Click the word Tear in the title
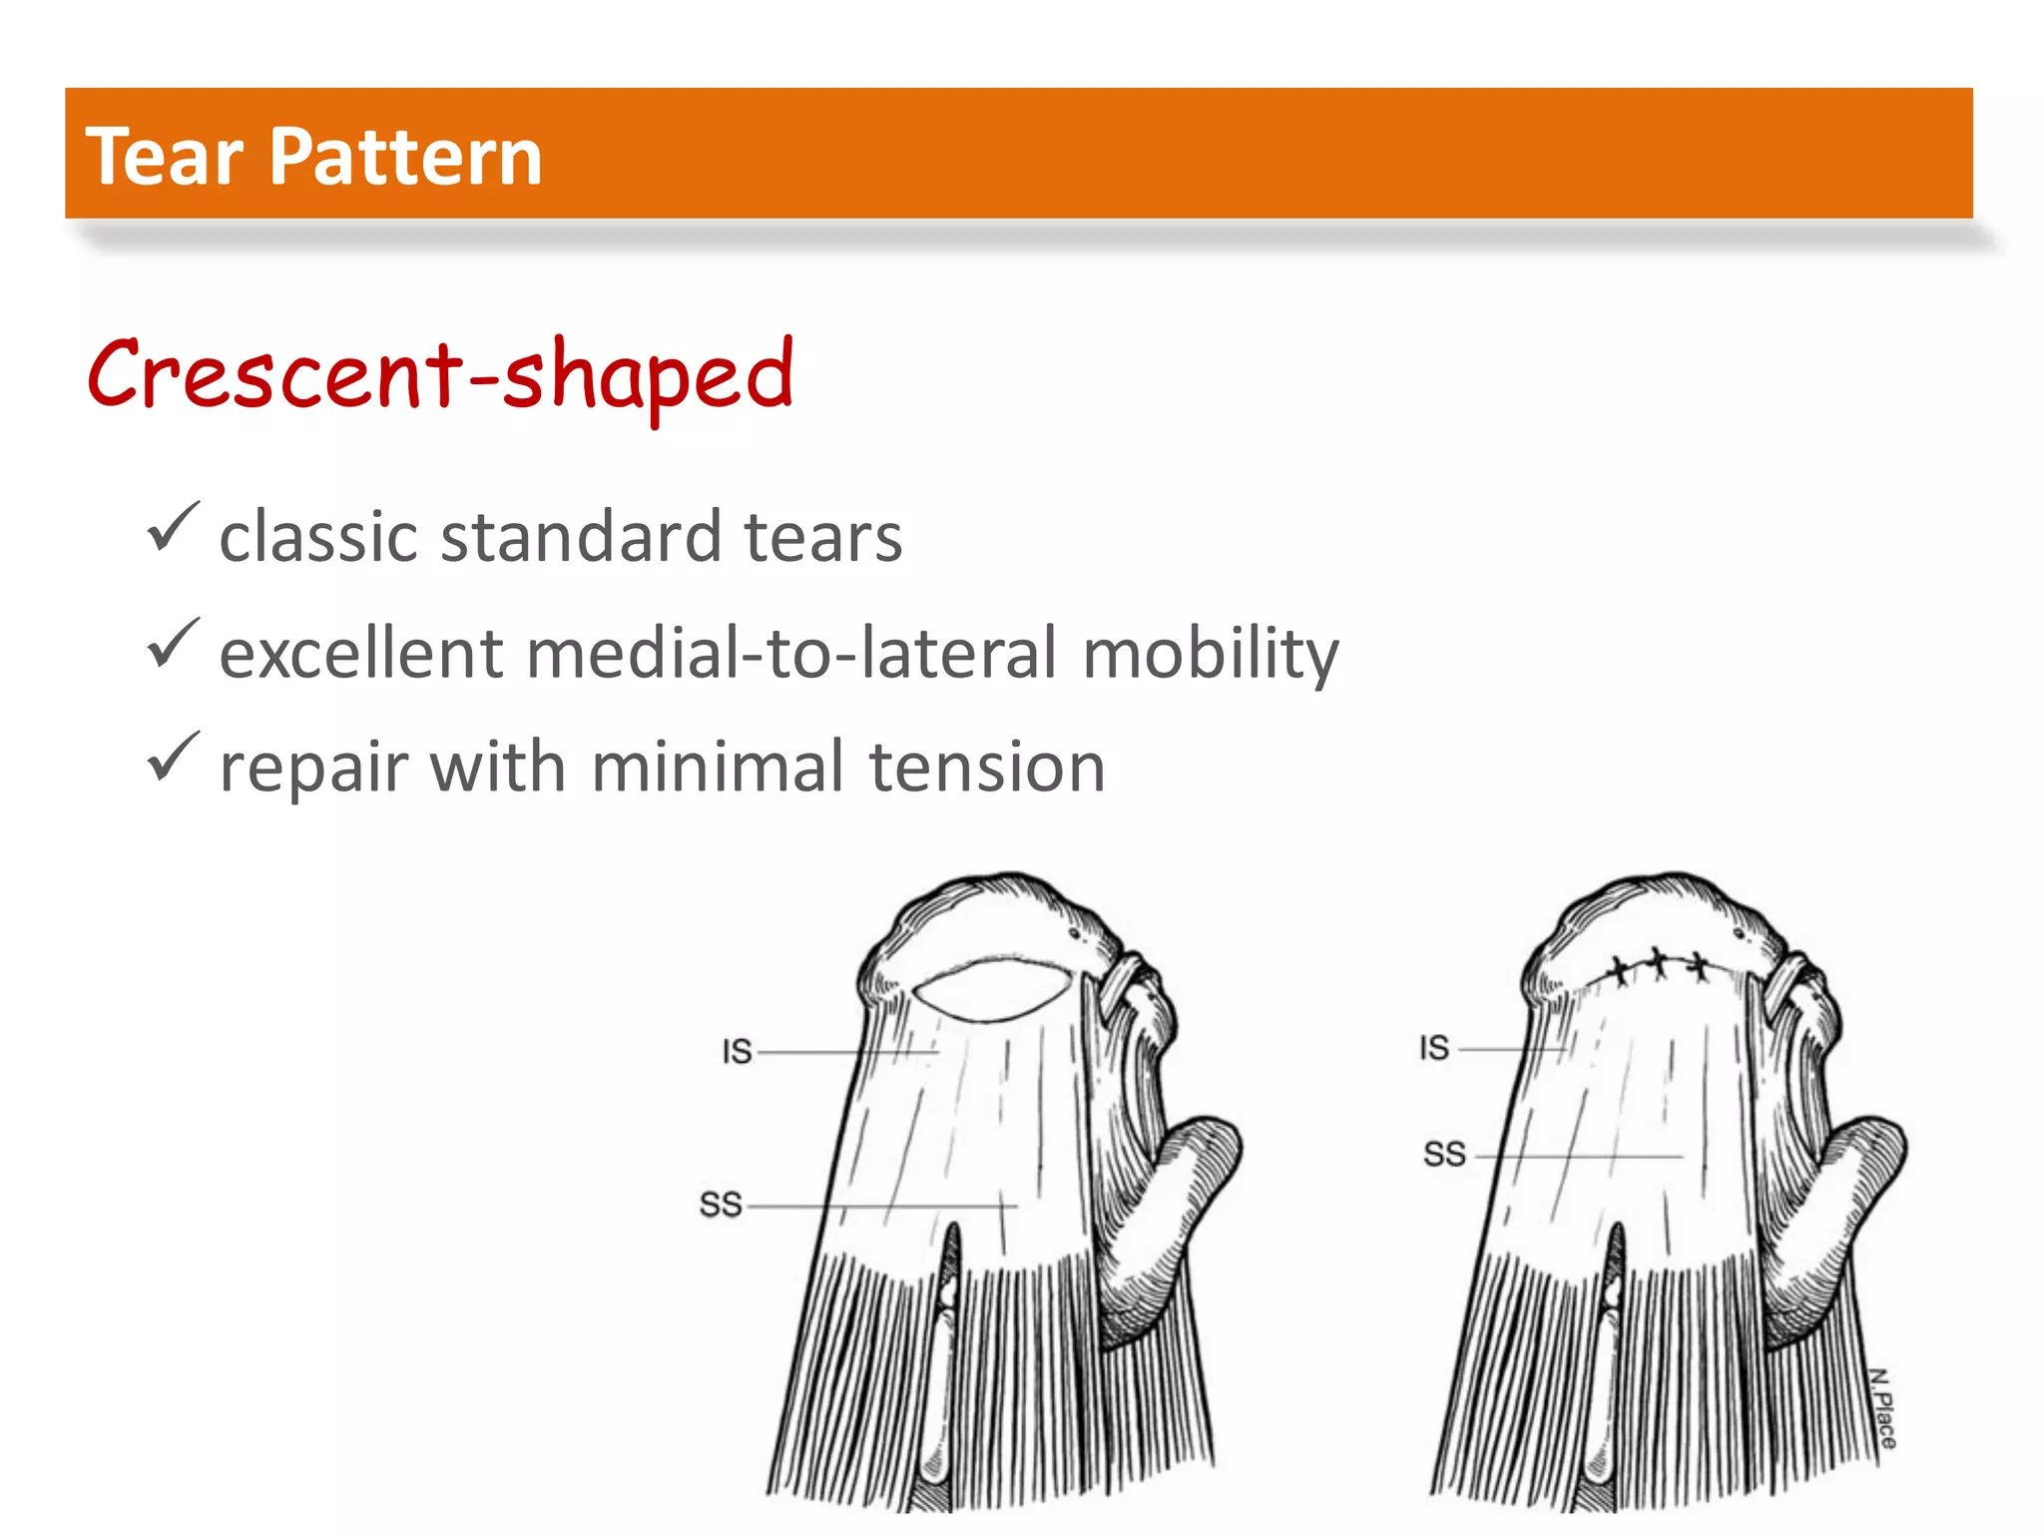[x=165, y=157]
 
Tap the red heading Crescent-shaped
[x=440, y=375]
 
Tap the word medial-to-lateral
[x=787, y=653]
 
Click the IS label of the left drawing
[x=737, y=1051]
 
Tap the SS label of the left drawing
[x=721, y=1205]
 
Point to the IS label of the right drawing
[x=1434, y=1048]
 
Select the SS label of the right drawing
[x=1443, y=1155]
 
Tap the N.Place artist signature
[x=1881, y=1408]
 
